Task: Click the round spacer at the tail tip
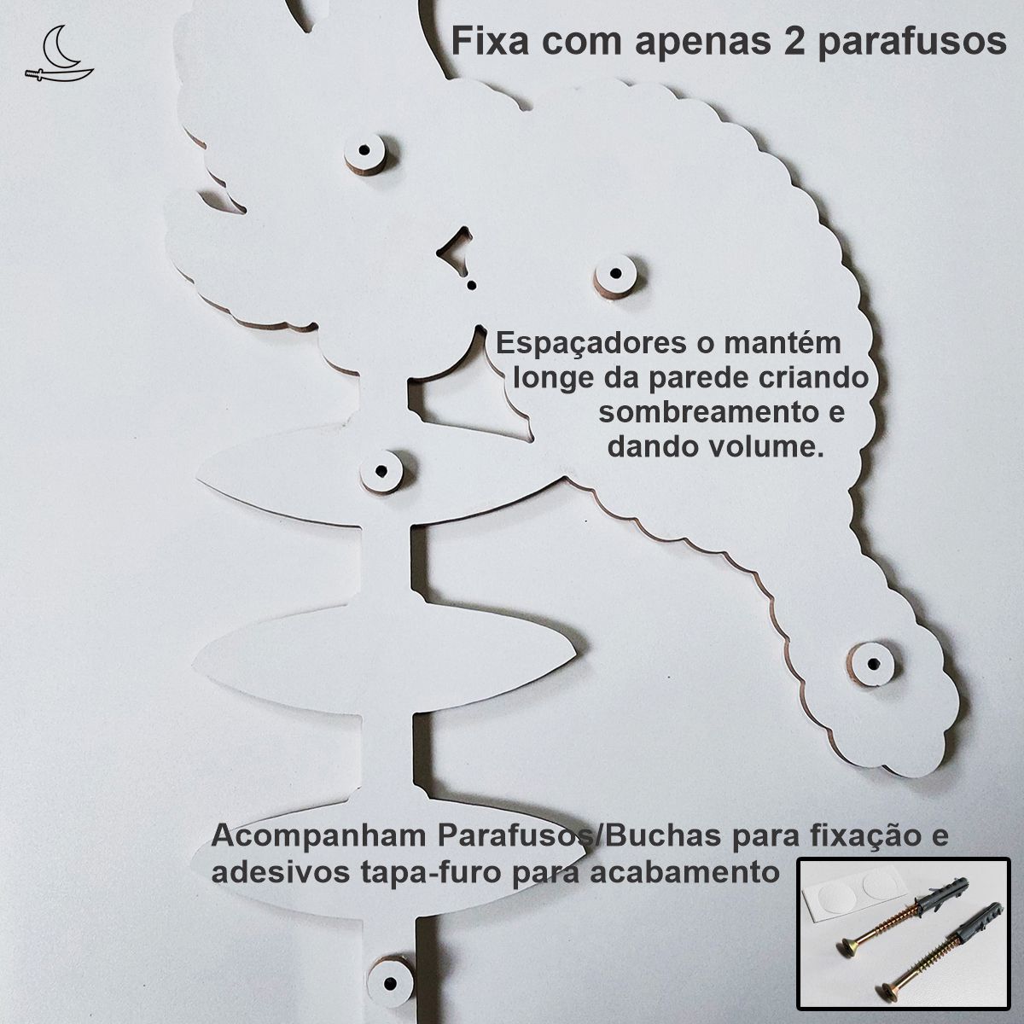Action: click(x=873, y=664)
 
